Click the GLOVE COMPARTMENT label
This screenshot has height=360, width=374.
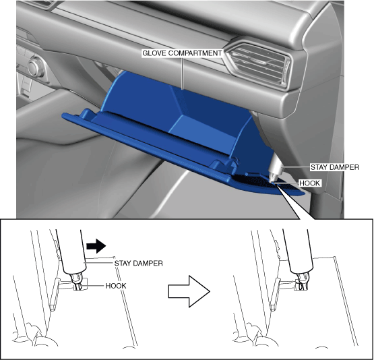pos(182,53)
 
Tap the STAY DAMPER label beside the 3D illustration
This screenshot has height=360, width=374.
pos(334,167)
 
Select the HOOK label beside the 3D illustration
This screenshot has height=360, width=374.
pos(309,183)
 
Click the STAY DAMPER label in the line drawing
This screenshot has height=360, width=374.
pos(138,263)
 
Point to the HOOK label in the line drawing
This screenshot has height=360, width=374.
pos(116,286)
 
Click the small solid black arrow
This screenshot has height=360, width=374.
pos(96,245)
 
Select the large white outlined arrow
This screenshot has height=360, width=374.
pos(189,291)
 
